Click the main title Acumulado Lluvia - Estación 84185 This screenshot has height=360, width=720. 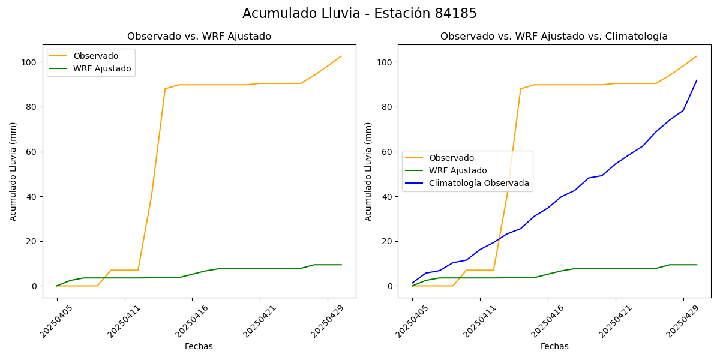tap(359, 14)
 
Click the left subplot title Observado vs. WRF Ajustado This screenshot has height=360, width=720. tap(199, 37)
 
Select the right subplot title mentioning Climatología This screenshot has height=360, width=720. tap(554, 37)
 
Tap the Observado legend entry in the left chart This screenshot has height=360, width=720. tap(96, 56)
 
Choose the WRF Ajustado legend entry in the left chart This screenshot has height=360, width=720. tap(102, 68)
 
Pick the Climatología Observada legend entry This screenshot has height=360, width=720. tap(479, 183)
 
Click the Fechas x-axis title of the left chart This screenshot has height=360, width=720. tap(199, 346)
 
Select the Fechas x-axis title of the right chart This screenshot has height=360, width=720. tap(554, 346)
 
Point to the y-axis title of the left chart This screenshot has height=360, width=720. tap(13, 171)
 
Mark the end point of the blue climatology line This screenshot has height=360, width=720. tap(697, 80)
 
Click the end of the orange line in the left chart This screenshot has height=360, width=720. tap(341, 56)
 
